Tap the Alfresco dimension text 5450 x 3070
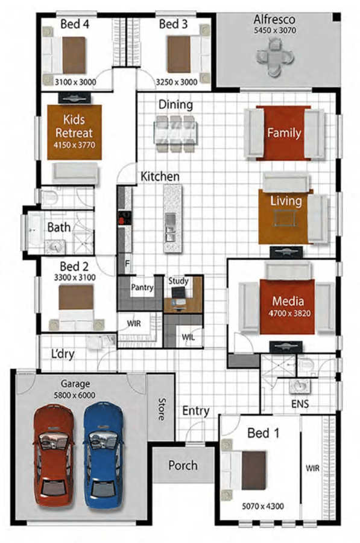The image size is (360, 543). (275, 31)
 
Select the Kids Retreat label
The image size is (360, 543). (74, 127)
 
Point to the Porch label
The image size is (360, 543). (183, 465)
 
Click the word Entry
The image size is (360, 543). (196, 411)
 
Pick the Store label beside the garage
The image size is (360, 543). (162, 409)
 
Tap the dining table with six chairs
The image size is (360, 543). (175, 133)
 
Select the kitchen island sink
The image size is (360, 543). (170, 227)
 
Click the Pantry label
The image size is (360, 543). (142, 287)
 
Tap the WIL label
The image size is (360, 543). (188, 337)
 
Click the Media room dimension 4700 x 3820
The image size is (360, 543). (289, 314)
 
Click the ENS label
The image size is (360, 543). (300, 404)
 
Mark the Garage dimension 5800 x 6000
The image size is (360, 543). (74, 395)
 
